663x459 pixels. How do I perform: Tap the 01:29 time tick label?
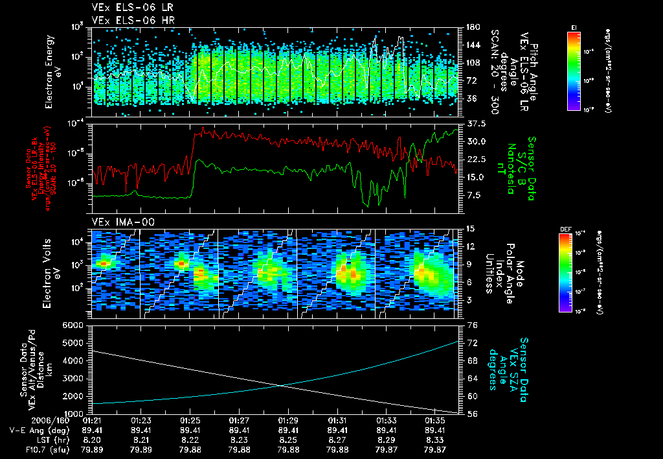[289, 420]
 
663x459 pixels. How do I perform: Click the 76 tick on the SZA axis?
[473, 325]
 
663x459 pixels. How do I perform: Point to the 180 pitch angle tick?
[473, 27]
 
